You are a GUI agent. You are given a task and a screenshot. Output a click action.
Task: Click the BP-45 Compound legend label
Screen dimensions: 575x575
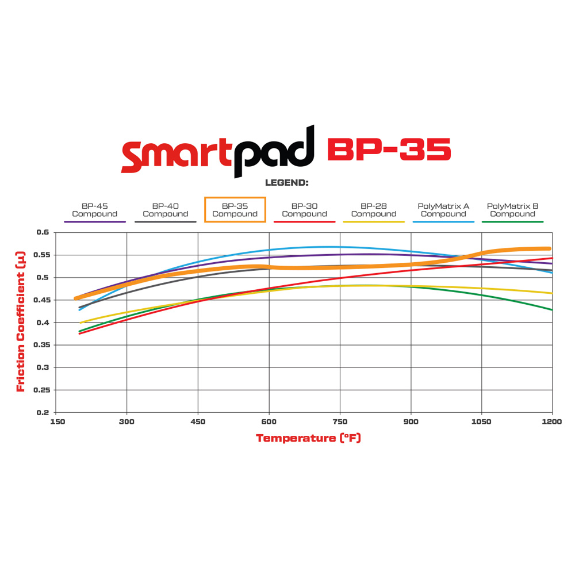(94, 210)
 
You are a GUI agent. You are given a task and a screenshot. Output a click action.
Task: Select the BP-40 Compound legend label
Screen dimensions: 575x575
(166, 210)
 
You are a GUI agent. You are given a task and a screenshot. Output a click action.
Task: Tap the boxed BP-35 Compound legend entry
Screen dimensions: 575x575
(235, 210)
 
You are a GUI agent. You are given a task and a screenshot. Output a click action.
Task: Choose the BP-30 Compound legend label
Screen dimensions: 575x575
(304, 210)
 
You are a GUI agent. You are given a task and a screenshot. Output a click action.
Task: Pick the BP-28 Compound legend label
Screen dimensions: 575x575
(374, 210)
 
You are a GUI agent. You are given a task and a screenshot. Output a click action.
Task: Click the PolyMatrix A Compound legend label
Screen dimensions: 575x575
(443, 210)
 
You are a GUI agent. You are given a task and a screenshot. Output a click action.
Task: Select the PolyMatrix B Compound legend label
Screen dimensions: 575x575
(512, 210)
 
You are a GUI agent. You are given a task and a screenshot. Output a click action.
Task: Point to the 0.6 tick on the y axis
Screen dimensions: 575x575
(43, 232)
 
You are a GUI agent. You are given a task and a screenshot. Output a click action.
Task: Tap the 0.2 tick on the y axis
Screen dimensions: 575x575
(43, 412)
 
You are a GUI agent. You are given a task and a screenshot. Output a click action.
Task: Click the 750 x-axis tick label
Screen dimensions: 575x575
(340, 421)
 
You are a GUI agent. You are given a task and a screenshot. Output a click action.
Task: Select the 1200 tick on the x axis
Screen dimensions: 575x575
(551, 421)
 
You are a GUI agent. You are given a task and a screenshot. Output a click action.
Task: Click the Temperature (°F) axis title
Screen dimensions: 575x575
(308, 438)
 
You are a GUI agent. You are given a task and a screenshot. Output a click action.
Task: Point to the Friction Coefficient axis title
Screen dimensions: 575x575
(21, 322)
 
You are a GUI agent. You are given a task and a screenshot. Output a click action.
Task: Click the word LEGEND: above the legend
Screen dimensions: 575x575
(287, 183)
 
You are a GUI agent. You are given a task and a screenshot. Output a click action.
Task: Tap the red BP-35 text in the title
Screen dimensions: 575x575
(389, 149)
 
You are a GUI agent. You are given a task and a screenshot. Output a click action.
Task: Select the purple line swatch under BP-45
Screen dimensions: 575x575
(94, 221)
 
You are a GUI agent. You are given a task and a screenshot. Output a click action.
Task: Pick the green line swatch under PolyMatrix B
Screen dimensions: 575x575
(512, 221)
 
